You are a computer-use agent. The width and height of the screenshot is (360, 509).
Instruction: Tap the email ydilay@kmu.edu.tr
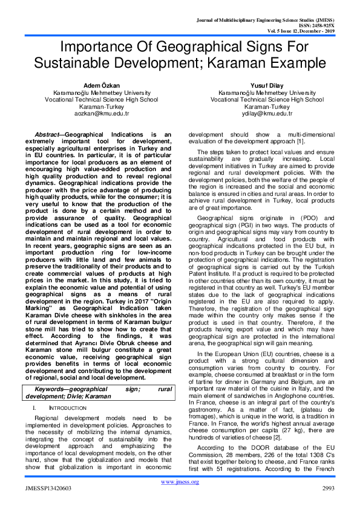pyautogui.click(x=267, y=113)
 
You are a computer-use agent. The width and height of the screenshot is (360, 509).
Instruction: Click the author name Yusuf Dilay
pyautogui.click(x=267, y=85)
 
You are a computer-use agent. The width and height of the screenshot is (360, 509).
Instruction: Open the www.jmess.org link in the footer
pyautogui.click(x=180, y=482)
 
